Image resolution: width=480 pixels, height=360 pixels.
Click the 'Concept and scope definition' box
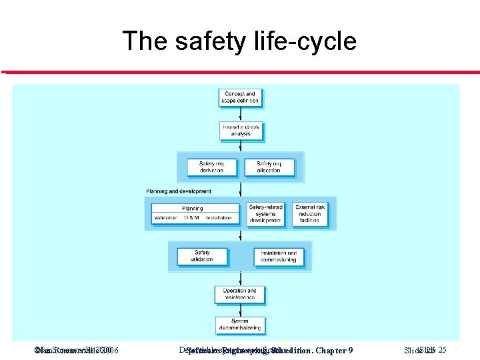click(240, 97)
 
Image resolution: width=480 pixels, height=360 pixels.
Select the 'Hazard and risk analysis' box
click(241, 130)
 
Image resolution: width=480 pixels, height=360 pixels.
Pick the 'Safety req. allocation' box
click(269, 167)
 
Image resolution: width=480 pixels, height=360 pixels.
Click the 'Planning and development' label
click(179, 191)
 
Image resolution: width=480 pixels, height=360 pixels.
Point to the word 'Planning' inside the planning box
click(193, 209)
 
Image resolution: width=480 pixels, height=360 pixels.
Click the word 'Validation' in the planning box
click(165, 218)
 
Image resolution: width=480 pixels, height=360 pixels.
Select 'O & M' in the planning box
click(192, 218)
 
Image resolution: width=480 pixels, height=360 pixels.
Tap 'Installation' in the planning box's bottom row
click(219, 218)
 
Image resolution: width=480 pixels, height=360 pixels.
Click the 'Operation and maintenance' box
click(240, 293)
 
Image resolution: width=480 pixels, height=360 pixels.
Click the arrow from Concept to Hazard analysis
click(240, 114)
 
